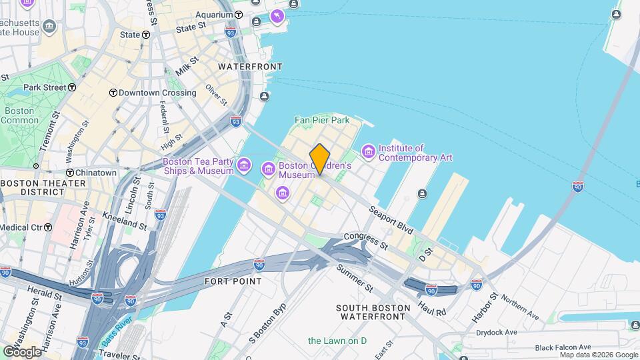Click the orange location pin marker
point(320,159)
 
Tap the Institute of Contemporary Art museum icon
point(368,153)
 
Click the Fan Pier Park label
point(322,121)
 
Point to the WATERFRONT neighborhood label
point(250,67)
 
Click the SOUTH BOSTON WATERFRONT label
point(371,311)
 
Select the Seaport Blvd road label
point(392,219)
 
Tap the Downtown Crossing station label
point(157,93)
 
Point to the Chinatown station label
point(95,173)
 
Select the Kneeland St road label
point(125,221)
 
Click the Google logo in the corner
point(23,351)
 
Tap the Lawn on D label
point(337,341)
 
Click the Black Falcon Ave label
point(563,347)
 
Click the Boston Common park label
point(19,115)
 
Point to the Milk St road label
point(187,65)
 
